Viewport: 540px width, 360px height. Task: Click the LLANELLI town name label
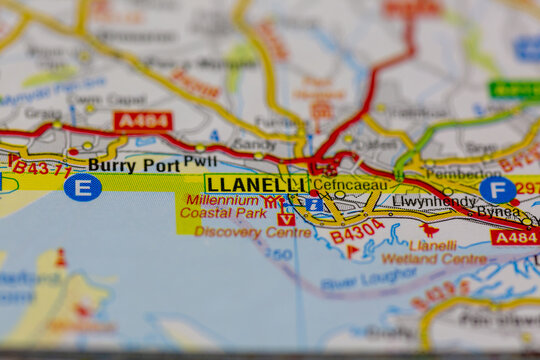tap(257, 185)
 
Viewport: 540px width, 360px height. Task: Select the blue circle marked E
tap(82, 187)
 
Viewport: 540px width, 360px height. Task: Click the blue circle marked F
tap(497, 189)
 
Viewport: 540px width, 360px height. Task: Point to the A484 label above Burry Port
tap(142, 121)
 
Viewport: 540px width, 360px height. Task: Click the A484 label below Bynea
tap(515, 236)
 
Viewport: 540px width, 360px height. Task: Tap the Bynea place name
tap(497, 211)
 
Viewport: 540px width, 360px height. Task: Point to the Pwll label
tap(200, 160)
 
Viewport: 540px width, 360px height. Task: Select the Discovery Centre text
tap(253, 232)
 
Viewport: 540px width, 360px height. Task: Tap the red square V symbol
tap(286, 219)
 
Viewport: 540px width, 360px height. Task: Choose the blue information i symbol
tap(313, 204)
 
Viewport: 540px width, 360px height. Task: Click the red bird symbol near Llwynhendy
tap(430, 229)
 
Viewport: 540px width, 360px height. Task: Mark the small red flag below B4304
tap(351, 251)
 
